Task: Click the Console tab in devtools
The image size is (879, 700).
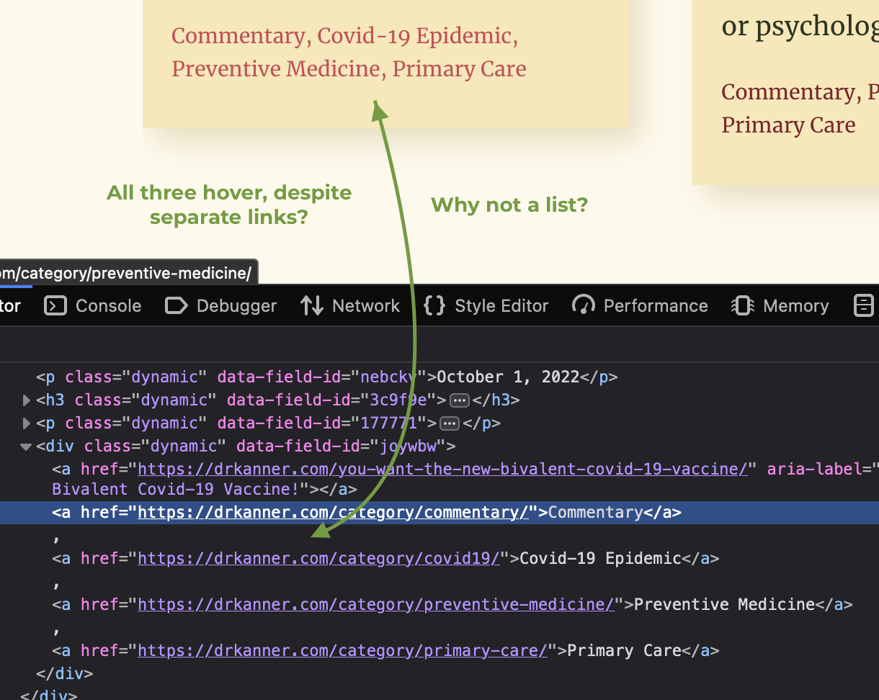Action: pos(93,306)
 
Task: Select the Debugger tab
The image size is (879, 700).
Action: pos(220,306)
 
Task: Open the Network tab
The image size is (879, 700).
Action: pos(350,306)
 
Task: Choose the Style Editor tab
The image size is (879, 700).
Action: pos(486,306)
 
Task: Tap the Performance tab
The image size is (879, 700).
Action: pos(640,306)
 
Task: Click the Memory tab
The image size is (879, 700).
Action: pos(780,306)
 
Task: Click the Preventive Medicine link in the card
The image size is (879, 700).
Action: pos(276,68)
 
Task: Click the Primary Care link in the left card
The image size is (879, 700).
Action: pos(459,68)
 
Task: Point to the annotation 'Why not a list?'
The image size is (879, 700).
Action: pos(509,205)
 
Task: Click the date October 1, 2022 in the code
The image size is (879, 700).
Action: pos(508,377)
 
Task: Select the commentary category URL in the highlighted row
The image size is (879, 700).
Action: pos(334,512)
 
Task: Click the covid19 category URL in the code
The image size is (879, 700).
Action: pos(318,558)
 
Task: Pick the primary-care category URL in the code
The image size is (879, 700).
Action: pos(342,650)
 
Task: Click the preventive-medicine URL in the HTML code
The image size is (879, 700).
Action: pos(376,604)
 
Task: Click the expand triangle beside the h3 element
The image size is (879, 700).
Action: pos(26,400)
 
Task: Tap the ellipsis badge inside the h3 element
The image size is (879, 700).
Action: pos(459,400)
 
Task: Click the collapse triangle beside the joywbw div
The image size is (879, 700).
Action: pos(26,447)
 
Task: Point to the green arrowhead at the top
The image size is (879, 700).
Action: pos(379,110)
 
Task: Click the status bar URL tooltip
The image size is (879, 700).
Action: pos(128,272)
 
